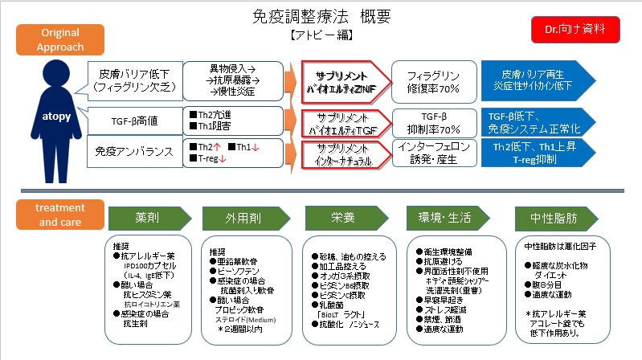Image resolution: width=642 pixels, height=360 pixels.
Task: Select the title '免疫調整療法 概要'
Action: point(320,15)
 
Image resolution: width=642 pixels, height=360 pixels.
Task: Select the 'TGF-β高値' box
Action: point(129,121)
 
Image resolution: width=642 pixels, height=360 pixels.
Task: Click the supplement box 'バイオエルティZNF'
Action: point(344,80)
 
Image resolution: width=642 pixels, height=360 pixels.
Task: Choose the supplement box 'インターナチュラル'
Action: point(344,154)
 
